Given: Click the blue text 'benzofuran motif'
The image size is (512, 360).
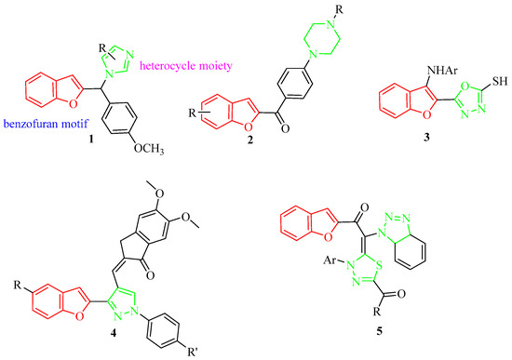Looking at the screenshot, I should click(47, 121).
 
